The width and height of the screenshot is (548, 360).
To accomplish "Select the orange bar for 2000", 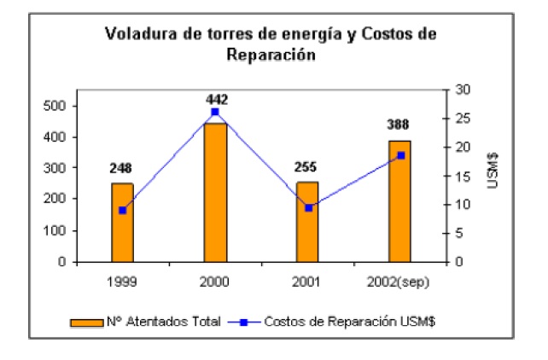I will pos(214,193).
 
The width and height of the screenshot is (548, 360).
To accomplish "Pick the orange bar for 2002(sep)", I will pos(399,201).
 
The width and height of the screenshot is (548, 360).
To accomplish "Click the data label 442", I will pos(217,99).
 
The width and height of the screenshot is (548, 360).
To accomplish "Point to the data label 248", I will pos(120,168).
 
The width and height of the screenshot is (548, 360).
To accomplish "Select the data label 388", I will pos(398,125).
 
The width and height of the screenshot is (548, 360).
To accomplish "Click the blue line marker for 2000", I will pos(214,112).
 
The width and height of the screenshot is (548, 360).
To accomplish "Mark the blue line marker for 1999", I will pos(122,210).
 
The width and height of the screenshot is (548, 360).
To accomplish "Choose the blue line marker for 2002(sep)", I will pos(399,155).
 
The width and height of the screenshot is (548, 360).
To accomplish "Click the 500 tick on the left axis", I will pos(55,106).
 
